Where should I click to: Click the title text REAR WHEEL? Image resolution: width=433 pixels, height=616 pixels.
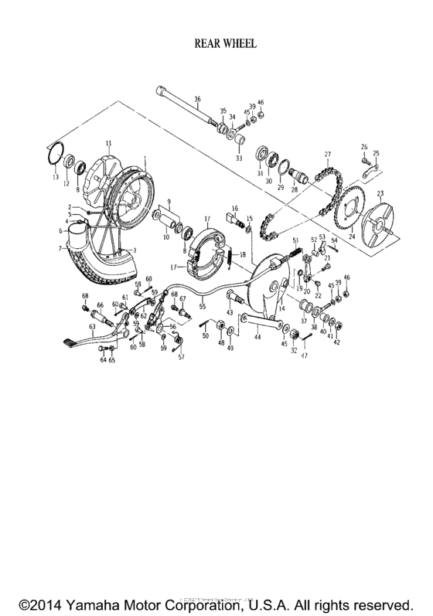point(216,46)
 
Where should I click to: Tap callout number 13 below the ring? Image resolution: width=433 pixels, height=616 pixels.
point(54,177)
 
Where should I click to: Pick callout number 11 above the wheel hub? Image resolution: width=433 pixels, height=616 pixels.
point(109,143)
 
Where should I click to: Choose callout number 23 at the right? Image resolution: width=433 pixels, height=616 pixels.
point(380,193)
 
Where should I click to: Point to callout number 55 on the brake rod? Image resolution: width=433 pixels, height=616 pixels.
point(203,307)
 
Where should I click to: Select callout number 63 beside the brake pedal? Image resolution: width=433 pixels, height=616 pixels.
point(93,327)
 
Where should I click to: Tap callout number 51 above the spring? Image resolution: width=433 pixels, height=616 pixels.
point(295,241)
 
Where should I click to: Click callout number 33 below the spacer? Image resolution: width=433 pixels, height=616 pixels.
point(238,158)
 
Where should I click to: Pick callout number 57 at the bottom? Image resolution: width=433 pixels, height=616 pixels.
point(182,357)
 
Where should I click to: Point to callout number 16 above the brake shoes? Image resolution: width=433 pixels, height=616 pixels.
point(234,209)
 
